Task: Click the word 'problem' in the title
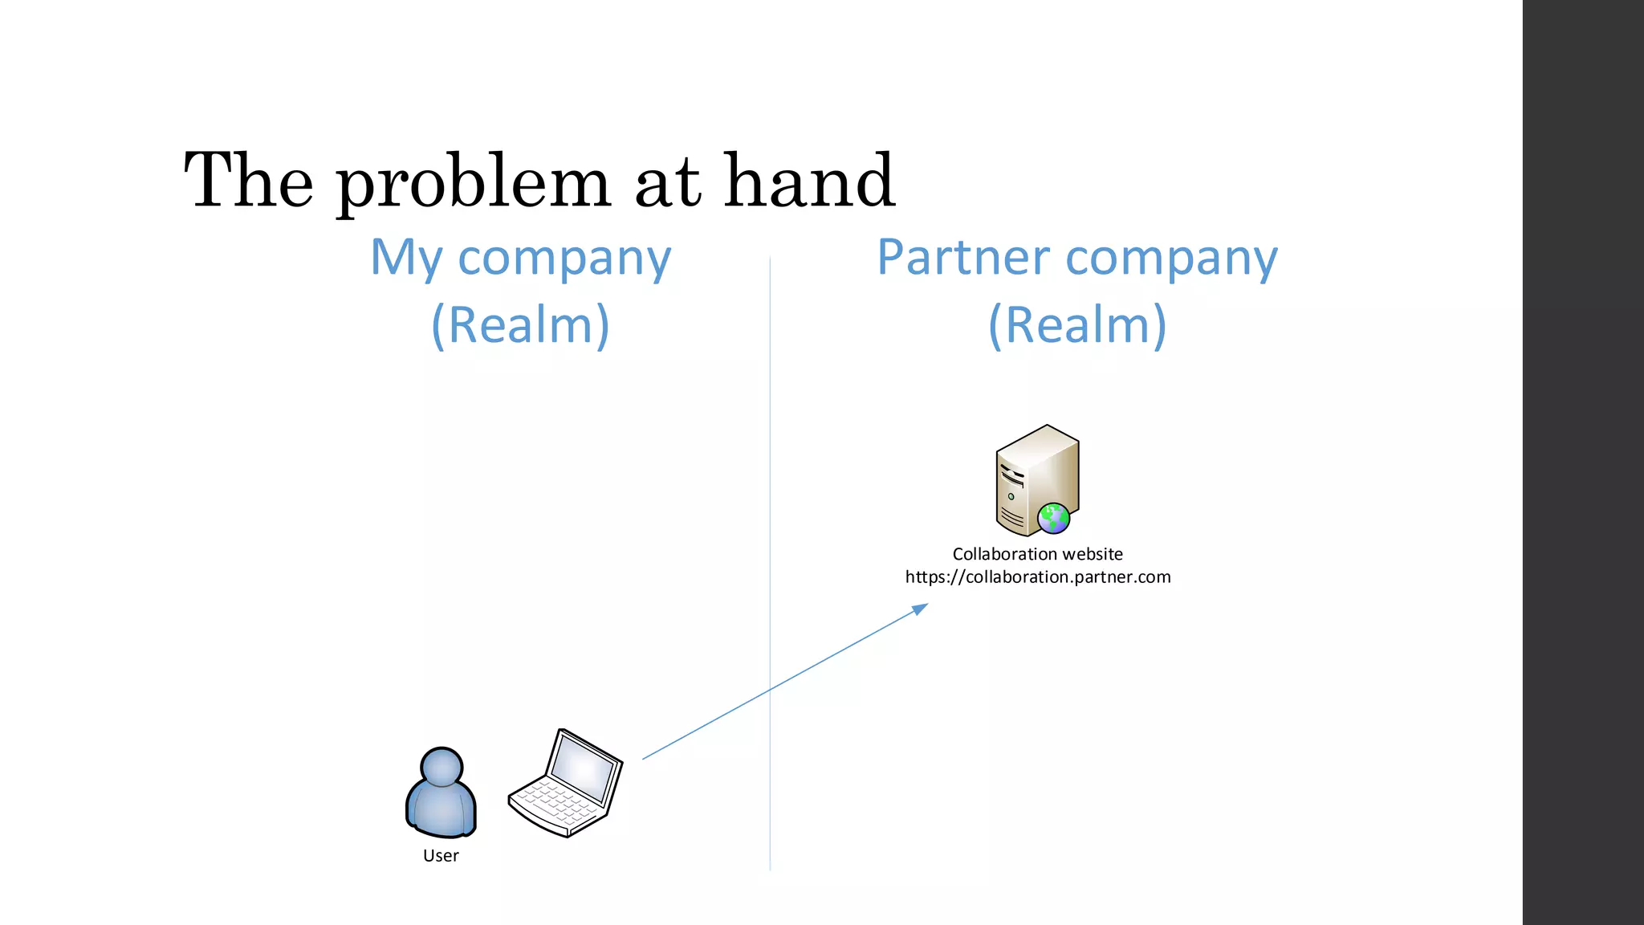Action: click(474, 183)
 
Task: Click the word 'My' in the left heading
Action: click(406, 259)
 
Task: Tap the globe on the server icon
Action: click(1053, 518)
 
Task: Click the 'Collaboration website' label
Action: click(1037, 554)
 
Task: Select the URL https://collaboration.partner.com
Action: click(1037, 577)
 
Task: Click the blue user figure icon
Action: click(441, 795)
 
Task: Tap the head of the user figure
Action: click(442, 767)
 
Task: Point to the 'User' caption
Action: click(441, 856)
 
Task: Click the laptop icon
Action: click(566, 784)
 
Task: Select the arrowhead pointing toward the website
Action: click(920, 609)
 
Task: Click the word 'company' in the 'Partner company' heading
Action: click(1171, 259)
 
